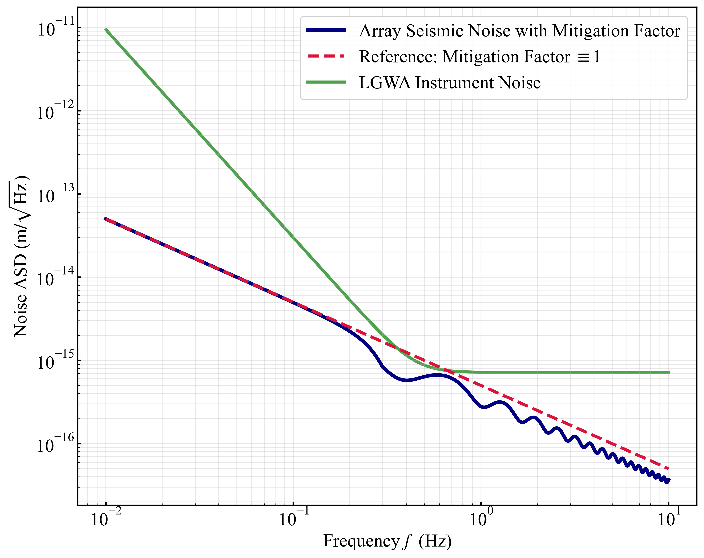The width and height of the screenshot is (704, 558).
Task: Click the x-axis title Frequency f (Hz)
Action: coord(387,542)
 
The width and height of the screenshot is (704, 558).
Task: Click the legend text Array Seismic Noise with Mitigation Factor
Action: coord(519,31)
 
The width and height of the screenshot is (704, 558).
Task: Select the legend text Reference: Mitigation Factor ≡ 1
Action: coord(479,57)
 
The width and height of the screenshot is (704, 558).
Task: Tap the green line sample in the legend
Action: coord(326,82)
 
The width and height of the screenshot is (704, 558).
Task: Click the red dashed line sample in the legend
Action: coord(326,56)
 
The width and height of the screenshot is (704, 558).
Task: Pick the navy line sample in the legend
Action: coord(326,30)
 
